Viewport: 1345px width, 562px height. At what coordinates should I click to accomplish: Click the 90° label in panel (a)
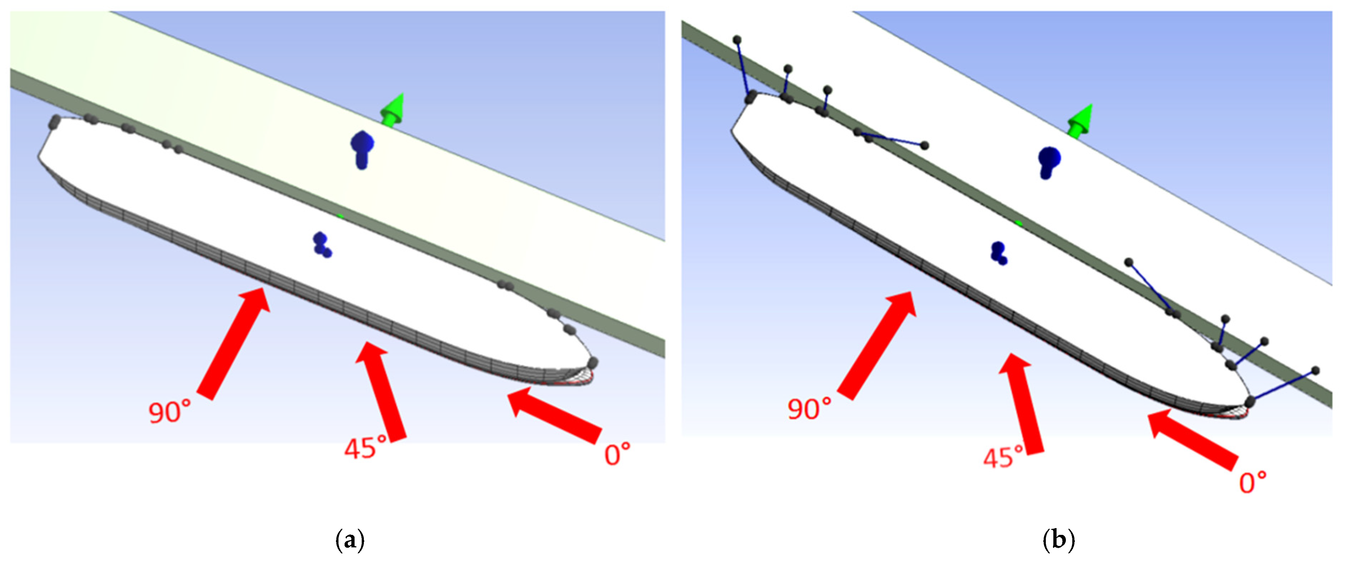170,412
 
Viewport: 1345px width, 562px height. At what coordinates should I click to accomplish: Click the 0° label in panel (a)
618,454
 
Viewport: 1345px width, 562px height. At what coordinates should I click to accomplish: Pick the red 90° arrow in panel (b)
877,346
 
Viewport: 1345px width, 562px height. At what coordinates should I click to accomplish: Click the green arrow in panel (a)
393,110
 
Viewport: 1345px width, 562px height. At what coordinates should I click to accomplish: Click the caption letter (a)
349,540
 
